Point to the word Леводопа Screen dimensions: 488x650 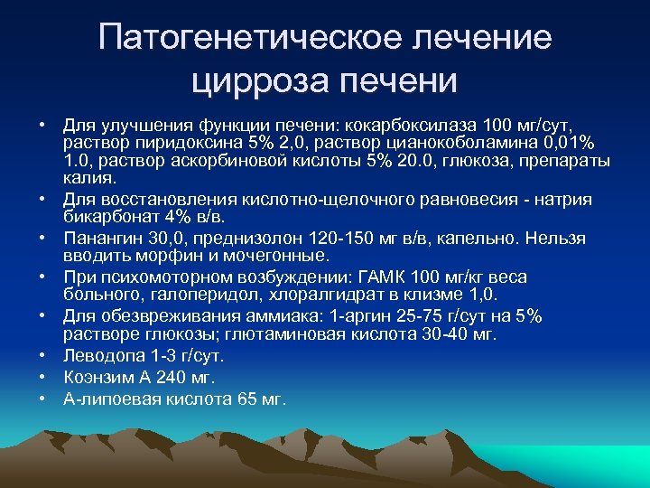tap(101, 356)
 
